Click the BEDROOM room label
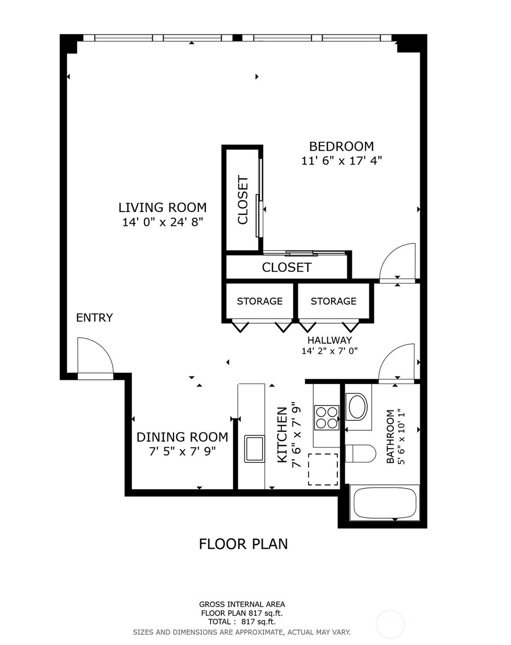[341, 147]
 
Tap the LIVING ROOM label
[163, 208]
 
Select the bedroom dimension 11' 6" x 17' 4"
[341, 160]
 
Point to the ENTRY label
[94, 318]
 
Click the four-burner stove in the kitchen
[326, 417]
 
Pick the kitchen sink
[254, 448]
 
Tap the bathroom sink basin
[357, 407]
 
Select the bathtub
[385, 503]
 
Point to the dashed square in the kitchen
[323, 469]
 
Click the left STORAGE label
[260, 301]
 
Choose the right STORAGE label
[334, 301]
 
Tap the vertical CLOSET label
[243, 199]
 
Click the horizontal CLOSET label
[287, 268]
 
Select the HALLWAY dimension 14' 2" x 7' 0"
[330, 351]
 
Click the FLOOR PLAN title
[243, 544]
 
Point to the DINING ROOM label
[182, 437]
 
